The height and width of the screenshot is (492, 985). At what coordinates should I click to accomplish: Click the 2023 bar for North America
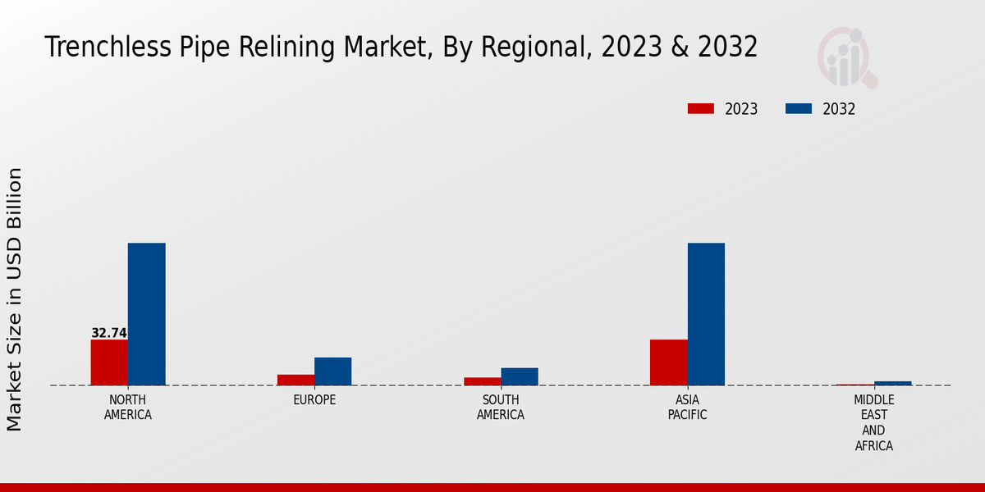109,362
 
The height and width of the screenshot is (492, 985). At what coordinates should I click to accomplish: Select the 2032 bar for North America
146,314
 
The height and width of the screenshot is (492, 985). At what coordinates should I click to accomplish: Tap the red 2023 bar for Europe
295,380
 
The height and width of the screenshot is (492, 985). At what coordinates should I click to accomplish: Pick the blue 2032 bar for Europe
332,371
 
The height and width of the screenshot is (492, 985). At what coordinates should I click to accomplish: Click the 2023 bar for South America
482,381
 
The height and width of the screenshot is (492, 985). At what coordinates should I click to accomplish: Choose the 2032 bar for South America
520,376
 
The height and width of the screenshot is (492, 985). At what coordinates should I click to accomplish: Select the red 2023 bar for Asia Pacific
668,362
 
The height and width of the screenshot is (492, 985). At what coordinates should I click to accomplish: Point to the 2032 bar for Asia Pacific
706,314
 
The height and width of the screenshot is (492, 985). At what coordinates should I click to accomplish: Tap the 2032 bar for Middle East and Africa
892,383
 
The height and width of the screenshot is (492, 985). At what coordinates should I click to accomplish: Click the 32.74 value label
109,333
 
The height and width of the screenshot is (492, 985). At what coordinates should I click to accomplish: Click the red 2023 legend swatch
701,109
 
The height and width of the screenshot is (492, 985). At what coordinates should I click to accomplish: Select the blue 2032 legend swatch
799,109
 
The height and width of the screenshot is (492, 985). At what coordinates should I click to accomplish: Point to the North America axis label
128,408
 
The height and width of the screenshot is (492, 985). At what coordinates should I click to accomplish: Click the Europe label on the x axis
314,400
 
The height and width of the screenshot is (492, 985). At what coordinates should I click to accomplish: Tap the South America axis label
501,408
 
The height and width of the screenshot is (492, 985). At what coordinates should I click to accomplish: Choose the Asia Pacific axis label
687,408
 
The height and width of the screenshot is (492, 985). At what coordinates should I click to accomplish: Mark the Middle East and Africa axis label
873,423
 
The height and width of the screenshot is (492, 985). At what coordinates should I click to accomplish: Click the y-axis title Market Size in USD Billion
15,299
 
